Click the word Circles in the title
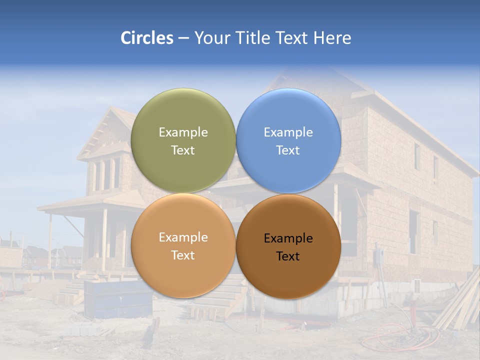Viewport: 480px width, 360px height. (x=146, y=37)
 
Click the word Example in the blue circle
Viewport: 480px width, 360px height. (x=288, y=132)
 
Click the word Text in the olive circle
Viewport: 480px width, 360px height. (x=183, y=150)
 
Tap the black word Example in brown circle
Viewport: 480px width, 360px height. (x=288, y=238)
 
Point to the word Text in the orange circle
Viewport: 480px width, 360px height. (x=183, y=255)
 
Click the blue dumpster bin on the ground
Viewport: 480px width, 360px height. (x=117, y=299)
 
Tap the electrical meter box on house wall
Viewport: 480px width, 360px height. (x=379, y=256)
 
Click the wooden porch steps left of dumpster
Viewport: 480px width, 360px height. (x=70, y=292)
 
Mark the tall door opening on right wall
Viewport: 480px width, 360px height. (x=413, y=231)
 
